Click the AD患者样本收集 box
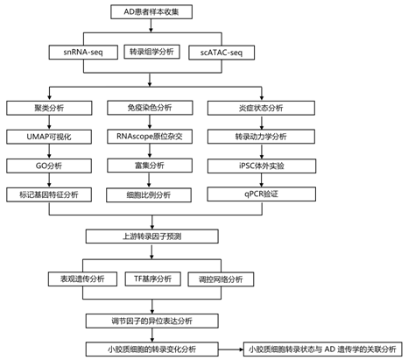point(151,12)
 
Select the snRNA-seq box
point(83,53)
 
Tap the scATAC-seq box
point(222,53)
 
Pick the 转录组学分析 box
point(151,52)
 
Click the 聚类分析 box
point(49,108)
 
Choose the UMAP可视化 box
point(49,137)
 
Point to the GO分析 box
point(49,166)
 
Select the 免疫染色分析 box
point(150,108)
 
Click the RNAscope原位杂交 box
point(150,137)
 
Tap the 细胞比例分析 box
point(149,195)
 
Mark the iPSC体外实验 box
point(262,166)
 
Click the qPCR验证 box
point(262,194)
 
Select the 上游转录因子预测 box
point(152,236)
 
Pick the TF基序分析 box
point(153,279)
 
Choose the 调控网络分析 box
point(221,279)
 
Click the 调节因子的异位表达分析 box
point(152,321)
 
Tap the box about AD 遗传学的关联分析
point(323,349)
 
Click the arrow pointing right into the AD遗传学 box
point(231,349)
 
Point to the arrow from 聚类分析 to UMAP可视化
point(49,123)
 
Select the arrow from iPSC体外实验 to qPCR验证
point(262,180)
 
